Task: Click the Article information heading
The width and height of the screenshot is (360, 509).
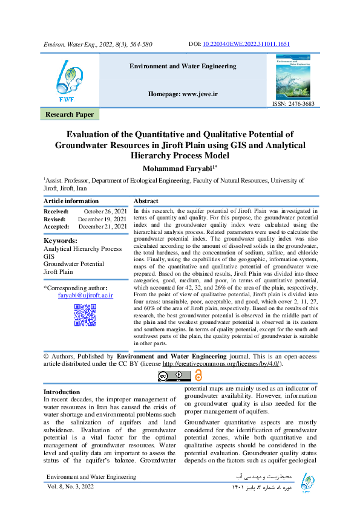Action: pos(71,201)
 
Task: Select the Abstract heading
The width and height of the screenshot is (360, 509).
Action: pos(146,201)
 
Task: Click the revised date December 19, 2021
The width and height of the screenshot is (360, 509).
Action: pos(102,218)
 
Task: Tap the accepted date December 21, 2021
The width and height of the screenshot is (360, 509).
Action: pos(102,226)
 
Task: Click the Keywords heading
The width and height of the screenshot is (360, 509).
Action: pos(61,241)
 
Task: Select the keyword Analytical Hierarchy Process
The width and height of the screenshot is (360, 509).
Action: pos(82,248)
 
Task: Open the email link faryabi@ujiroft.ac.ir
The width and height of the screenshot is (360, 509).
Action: pos(85,296)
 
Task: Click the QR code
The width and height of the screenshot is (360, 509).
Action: pos(85,315)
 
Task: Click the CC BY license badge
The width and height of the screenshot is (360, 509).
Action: pos(174,376)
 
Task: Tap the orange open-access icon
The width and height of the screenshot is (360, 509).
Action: pos(199,376)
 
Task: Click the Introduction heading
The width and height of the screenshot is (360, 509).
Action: pos(62,392)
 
